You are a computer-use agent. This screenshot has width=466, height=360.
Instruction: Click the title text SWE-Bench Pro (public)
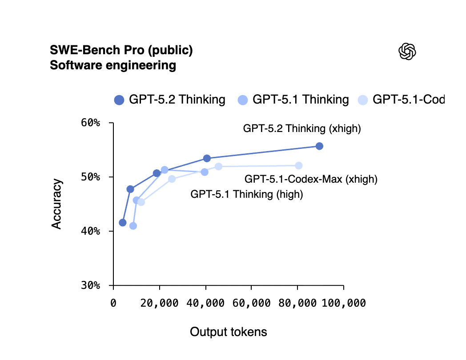pos(121,51)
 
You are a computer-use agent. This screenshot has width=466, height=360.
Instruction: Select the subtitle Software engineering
pos(113,66)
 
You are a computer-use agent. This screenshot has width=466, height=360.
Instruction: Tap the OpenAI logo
pos(407,52)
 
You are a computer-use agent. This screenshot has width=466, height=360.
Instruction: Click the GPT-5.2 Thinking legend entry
pos(170,100)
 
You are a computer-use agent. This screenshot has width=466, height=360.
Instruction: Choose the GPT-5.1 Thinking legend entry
pos(293,100)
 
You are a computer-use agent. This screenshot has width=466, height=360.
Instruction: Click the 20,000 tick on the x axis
pos(160,303)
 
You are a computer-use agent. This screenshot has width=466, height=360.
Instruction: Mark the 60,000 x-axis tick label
pos(251,303)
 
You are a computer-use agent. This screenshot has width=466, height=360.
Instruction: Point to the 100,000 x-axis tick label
pos(343,303)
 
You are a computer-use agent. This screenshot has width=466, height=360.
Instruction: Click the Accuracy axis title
pos(56,204)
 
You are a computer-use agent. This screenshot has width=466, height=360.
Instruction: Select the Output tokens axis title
pos(229,332)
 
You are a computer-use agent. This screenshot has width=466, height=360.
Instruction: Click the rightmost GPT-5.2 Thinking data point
pos(319,146)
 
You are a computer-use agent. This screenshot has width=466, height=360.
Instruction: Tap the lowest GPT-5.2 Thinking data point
pos(123,222)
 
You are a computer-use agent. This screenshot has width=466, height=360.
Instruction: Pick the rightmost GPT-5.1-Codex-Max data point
pos(299,166)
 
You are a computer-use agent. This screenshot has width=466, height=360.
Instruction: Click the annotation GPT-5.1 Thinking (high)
pos(247,194)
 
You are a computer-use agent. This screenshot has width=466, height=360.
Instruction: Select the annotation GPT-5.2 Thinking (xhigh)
pos(302,129)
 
